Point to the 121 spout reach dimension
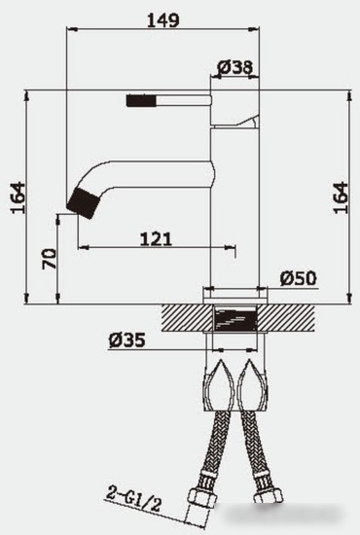[x=156, y=237]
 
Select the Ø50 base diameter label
[x=299, y=278]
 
